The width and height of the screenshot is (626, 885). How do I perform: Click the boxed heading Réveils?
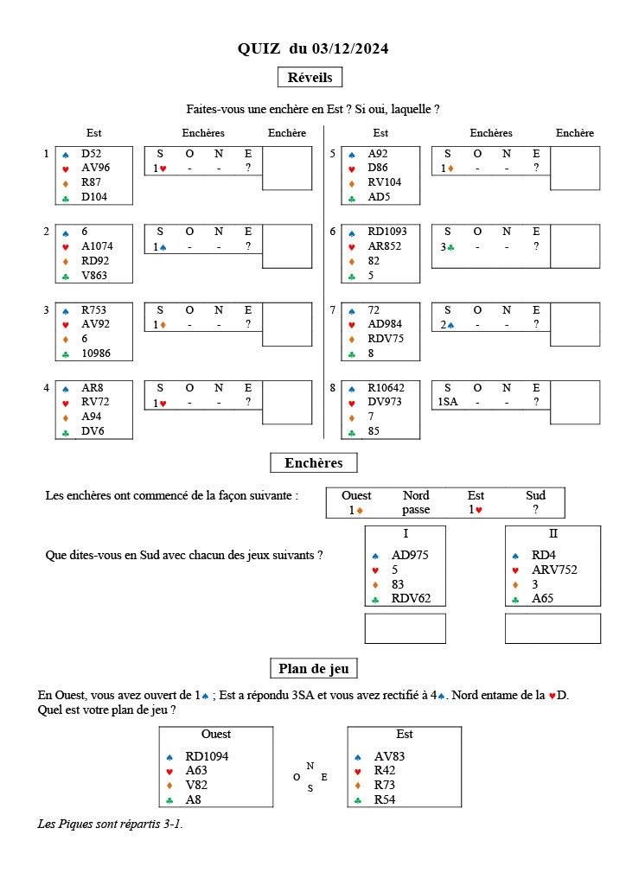click(x=310, y=77)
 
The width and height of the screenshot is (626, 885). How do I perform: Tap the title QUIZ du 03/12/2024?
click(x=313, y=49)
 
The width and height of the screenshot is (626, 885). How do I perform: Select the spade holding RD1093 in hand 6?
click(x=386, y=232)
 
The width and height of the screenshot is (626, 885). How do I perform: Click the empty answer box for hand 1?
click(x=286, y=168)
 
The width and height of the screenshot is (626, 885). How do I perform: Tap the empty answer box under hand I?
click(x=405, y=628)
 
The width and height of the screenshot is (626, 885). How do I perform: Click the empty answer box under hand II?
click(x=553, y=628)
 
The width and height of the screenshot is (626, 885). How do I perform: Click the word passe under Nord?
click(x=416, y=510)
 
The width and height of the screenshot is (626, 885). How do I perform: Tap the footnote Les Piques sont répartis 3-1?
click(x=110, y=824)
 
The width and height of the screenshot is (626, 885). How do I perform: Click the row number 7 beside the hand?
click(x=332, y=310)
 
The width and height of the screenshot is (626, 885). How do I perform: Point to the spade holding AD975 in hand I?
click(x=410, y=556)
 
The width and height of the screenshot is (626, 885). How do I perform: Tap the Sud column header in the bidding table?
click(x=535, y=495)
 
